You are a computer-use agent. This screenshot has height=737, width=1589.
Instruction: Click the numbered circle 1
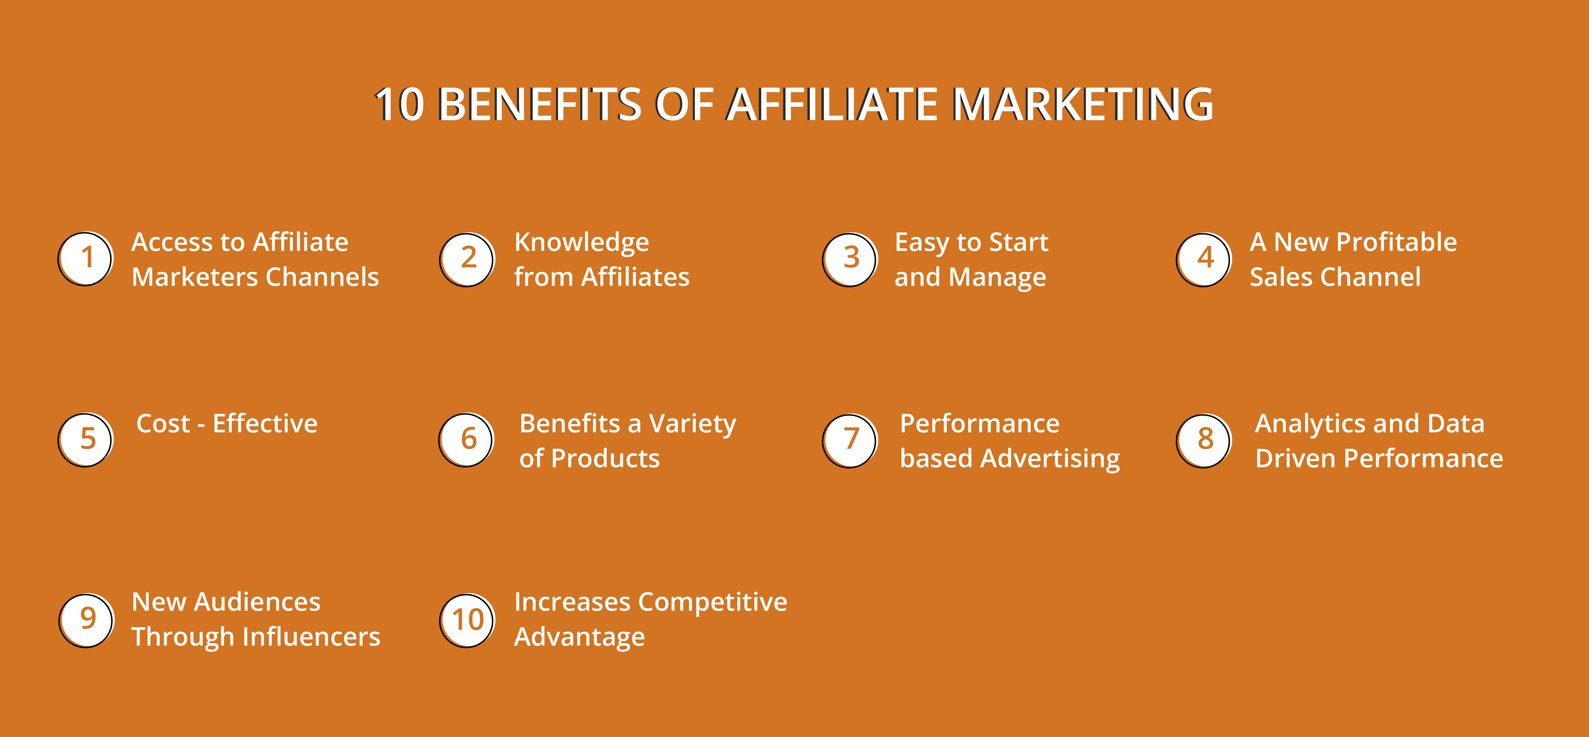pyautogui.click(x=86, y=259)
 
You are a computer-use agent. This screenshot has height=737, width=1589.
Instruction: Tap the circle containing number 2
pyautogui.click(x=468, y=259)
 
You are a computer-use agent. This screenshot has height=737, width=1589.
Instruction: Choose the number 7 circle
pyautogui.click(x=850, y=441)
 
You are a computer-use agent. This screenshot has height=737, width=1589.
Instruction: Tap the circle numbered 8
pyautogui.click(x=1204, y=441)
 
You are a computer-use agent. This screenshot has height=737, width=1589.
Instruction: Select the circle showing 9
pyautogui.click(x=86, y=620)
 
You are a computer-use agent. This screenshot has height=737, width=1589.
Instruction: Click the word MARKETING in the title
pyautogui.click(x=1083, y=104)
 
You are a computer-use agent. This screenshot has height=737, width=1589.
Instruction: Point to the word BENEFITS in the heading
pyautogui.click(x=540, y=104)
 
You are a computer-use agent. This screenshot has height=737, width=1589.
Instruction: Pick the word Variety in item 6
pyautogui.click(x=693, y=424)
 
